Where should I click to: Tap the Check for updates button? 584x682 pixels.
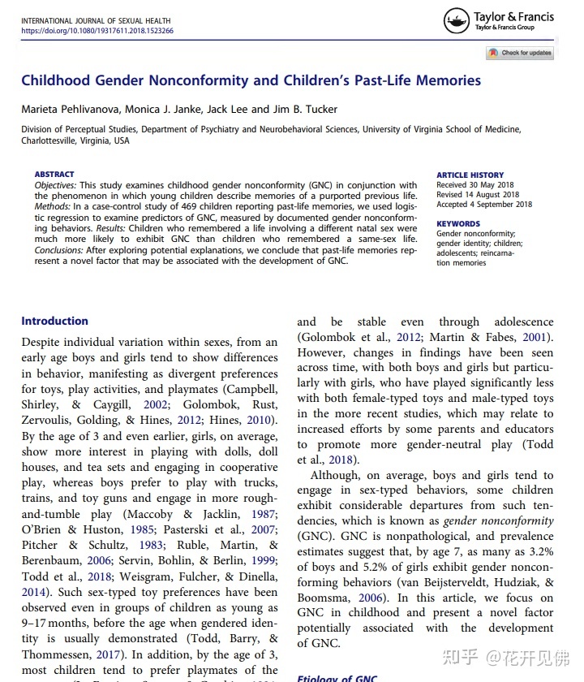pyautogui.click(x=519, y=53)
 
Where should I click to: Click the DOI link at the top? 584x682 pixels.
pyautogui.click(x=97, y=31)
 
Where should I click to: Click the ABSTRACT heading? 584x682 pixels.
pyautogui.click(x=54, y=175)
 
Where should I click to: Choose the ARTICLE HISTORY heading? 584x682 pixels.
pyautogui.click(x=470, y=175)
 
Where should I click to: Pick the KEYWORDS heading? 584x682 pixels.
pyautogui.click(x=458, y=224)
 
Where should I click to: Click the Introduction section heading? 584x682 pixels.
pyautogui.click(x=55, y=321)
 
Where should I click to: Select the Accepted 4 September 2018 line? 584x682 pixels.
pyautogui.click(x=485, y=205)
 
